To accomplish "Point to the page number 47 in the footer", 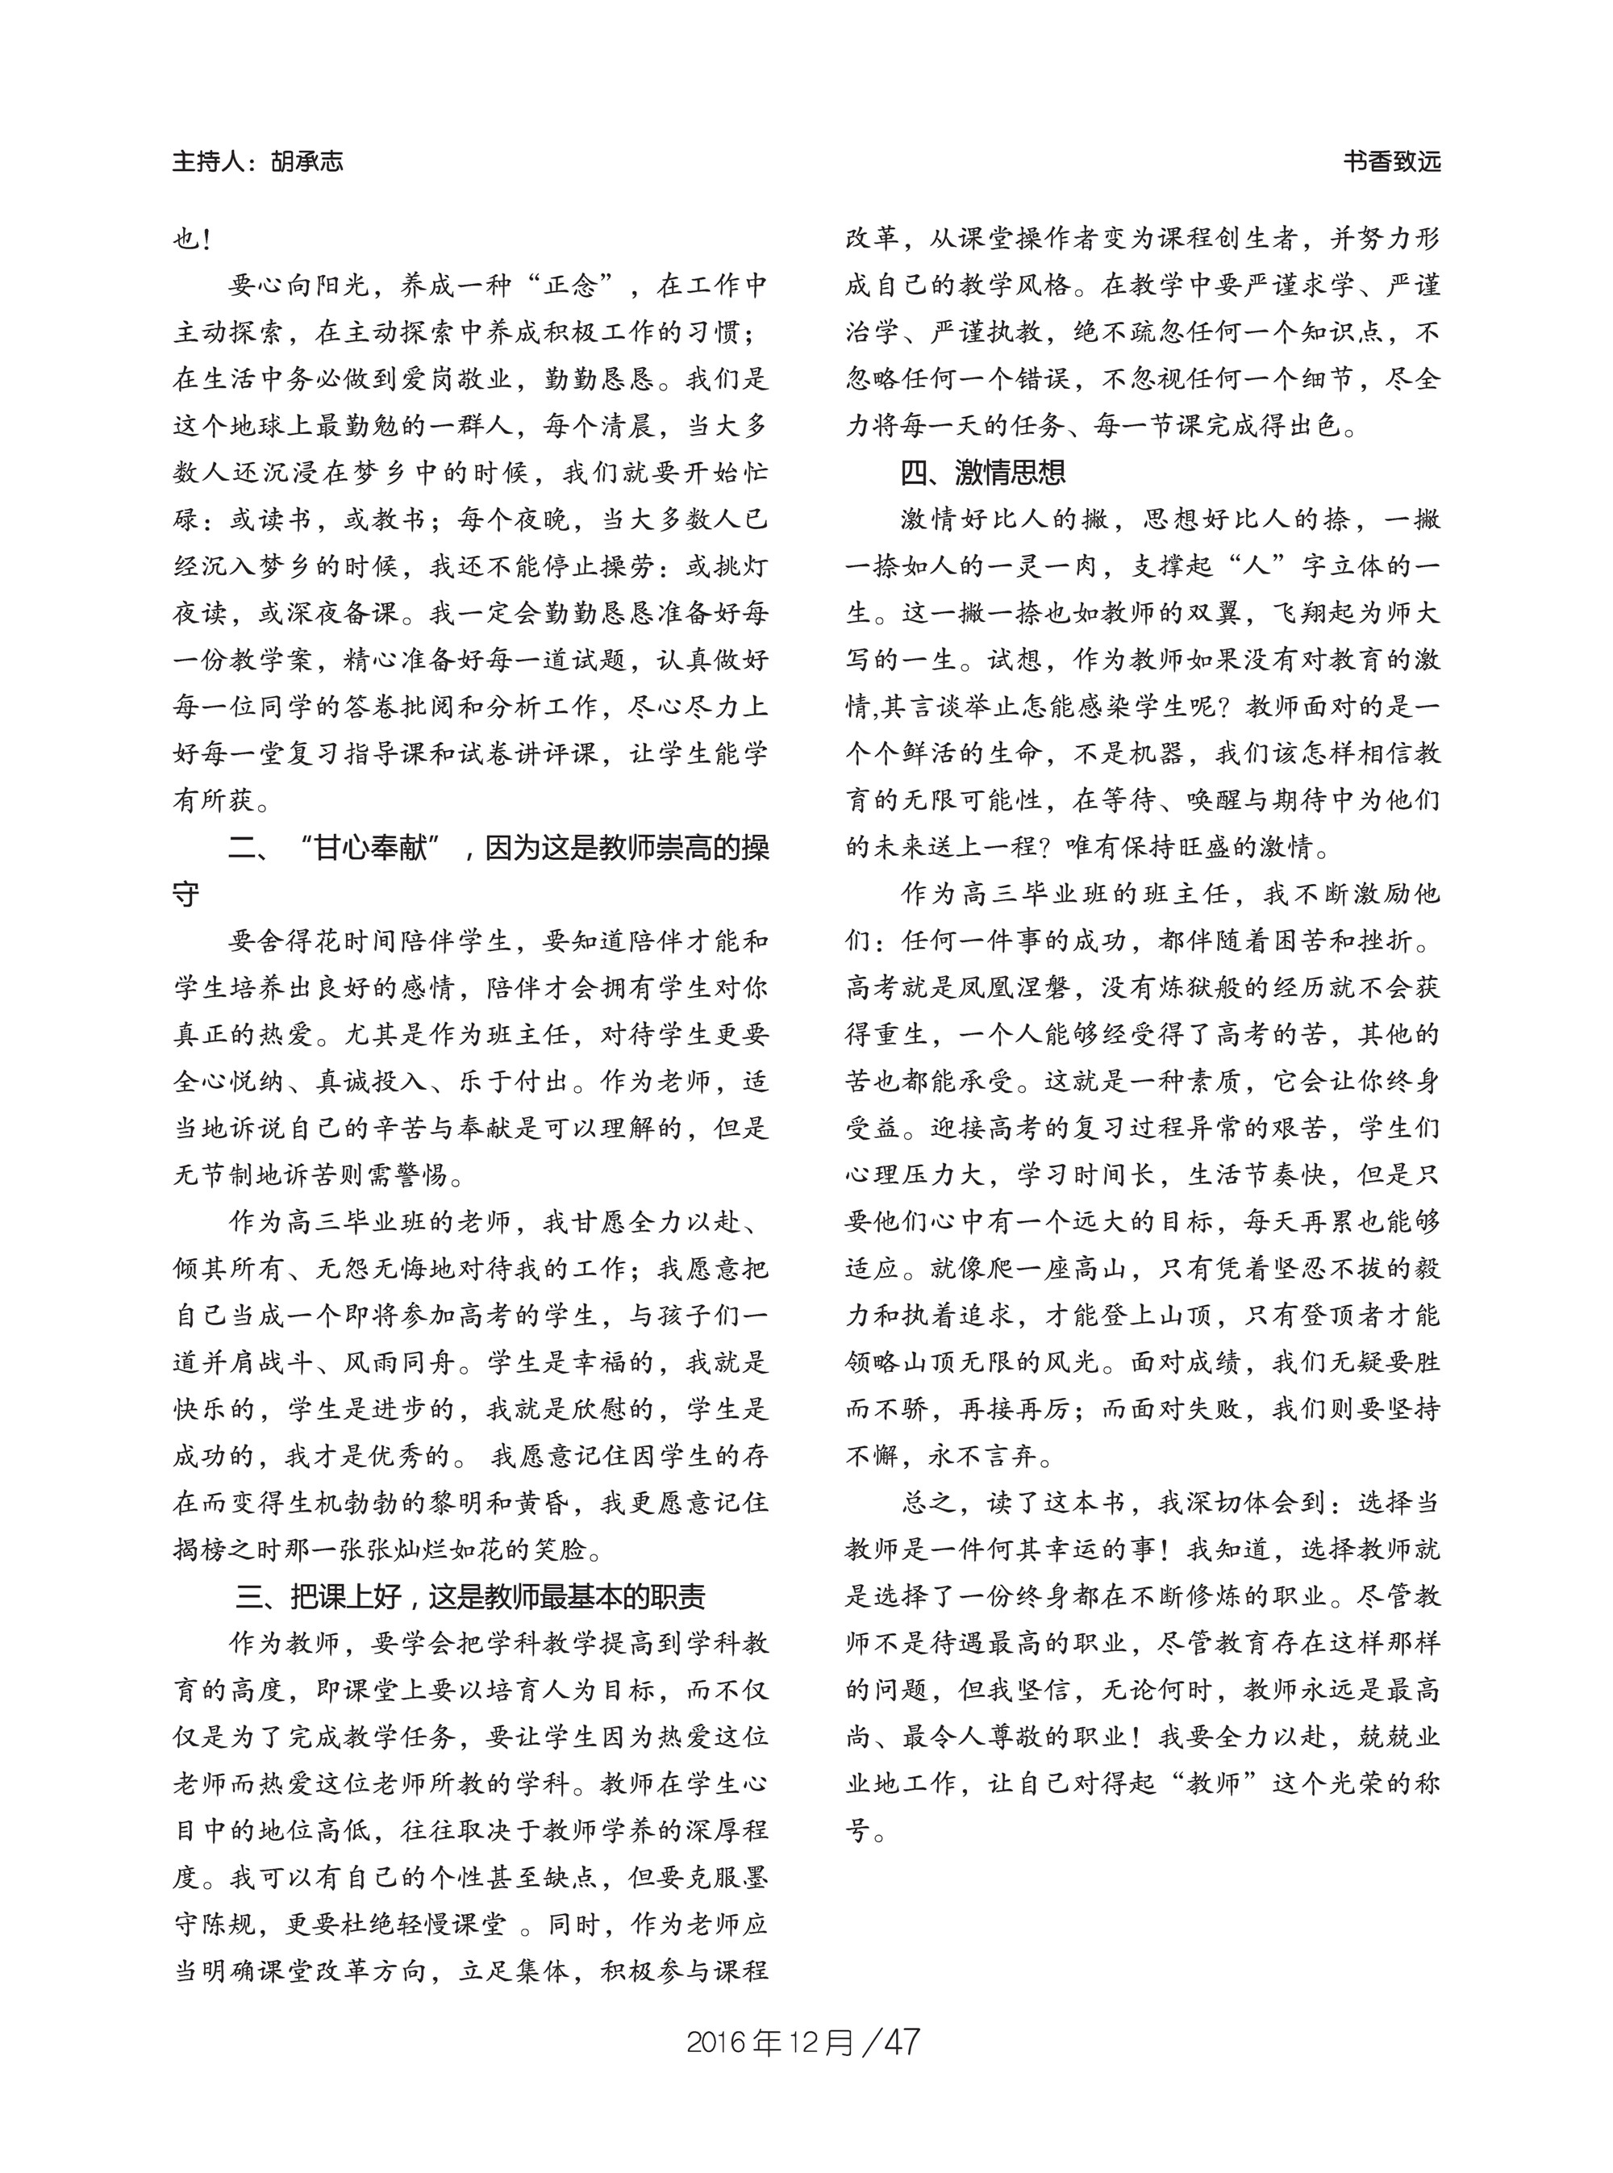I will point(900,2042).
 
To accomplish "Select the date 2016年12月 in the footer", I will point(770,2042).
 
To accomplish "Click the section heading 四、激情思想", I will point(982,473).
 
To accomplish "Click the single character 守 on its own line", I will point(186,895).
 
